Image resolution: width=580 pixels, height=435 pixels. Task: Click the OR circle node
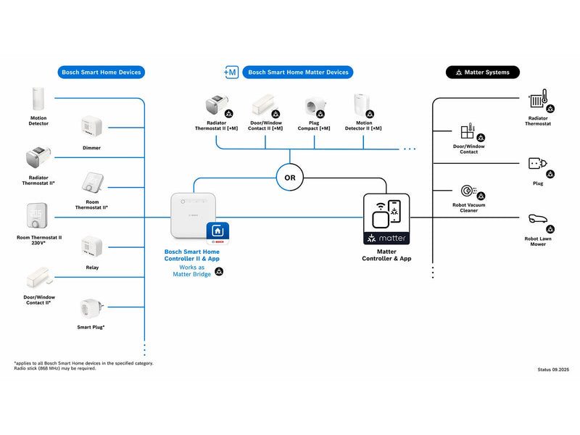[x=289, y=178]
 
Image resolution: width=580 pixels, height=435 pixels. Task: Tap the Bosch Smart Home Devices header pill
[x=101, y=72]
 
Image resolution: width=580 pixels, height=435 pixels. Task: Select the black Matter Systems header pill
[x=482, y=72]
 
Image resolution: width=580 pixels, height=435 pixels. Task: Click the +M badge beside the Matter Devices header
[x=231, y=72]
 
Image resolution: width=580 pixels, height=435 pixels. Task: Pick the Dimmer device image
[x=91, y=128]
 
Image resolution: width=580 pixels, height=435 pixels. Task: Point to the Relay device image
[x=92, y=246]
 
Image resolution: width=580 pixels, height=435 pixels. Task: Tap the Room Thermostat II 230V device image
[x=37, y=215]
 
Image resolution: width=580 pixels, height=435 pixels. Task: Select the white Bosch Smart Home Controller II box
[x=193, y=215]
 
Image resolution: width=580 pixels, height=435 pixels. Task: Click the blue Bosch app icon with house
[x=217, y=233]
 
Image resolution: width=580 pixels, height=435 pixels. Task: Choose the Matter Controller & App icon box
[x=386, y=219]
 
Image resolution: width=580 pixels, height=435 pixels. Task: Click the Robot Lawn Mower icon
[x=537, y=219]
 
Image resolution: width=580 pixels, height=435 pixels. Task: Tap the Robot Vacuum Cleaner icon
[x=468, y=191]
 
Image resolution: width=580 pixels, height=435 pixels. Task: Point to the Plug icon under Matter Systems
[x=537, y=163]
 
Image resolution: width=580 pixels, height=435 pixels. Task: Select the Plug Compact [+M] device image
[x=315, y=106]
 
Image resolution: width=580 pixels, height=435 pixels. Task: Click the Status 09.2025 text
[x=553, y=370]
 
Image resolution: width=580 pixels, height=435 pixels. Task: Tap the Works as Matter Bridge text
[x=191, y=270]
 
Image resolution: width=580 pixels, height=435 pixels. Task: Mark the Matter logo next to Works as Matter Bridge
[x=220, y=271]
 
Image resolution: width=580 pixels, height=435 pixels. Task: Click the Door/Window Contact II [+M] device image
[x=263, y=104]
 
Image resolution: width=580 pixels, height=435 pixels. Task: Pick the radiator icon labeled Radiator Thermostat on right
[x=538, y=99]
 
